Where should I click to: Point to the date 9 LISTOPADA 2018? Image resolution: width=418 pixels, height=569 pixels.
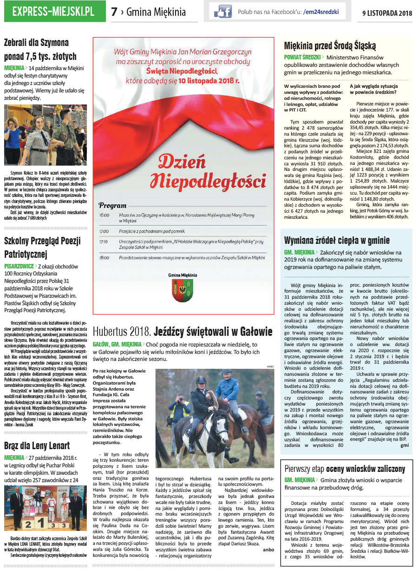tap(387, 13)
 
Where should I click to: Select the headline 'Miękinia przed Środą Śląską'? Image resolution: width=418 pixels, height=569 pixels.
tap(330, 46)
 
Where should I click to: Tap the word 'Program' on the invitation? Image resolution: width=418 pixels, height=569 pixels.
tap(113, 205)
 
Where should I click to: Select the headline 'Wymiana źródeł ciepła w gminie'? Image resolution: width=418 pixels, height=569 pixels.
tap(337, 240)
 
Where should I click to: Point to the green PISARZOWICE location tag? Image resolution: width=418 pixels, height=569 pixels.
tap(19, 266)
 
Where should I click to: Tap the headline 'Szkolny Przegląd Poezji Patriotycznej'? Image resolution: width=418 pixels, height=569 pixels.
tap(42, 248)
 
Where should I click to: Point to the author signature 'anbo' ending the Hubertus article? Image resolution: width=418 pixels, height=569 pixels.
tap(268, 549)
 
